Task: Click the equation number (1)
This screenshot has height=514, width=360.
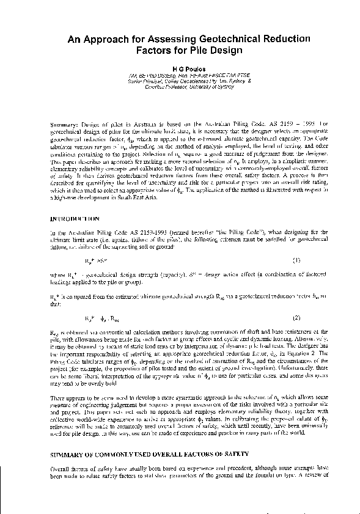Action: tap(297, 259)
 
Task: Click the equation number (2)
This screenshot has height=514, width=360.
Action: tap(297, 318)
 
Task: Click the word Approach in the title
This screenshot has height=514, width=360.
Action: tap(107, 39)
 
